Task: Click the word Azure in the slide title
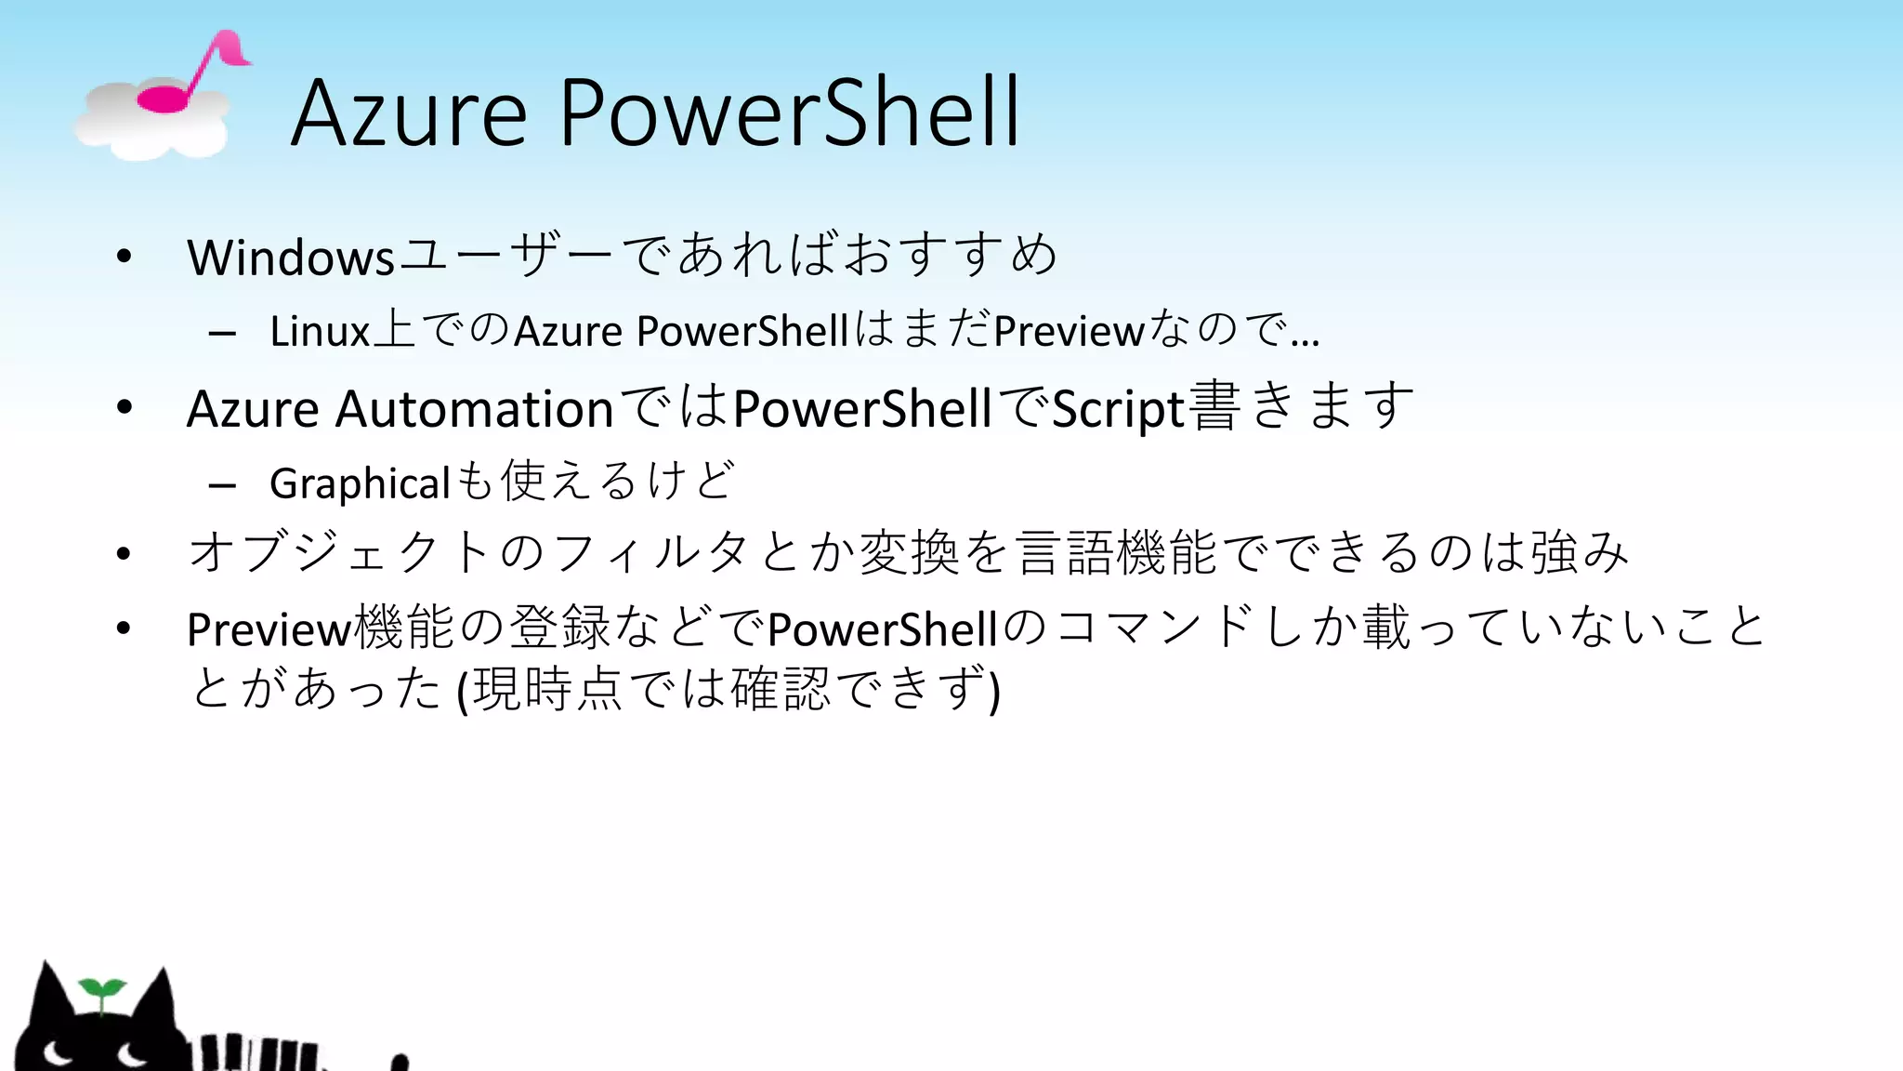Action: (x=409, y=113)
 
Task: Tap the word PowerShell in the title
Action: (x=790, y=113)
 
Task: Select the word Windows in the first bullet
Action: (x=291, y=258)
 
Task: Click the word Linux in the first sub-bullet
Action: (x=320, y=332)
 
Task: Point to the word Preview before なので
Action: (x=1069, y=332)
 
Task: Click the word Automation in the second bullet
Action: (x=474, y=409)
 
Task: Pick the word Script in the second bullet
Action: (x=1118, y=409)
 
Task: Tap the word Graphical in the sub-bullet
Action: (x=360, y=483)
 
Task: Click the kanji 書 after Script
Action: (x=1214, y=406)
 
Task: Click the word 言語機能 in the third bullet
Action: (x=1115, y=552)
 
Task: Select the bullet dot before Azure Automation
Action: (x=125, y=407)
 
